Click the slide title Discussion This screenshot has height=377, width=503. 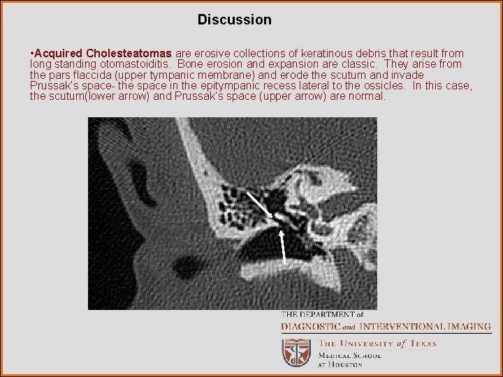coord(234,20)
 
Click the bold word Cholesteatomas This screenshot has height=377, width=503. coord(129,54)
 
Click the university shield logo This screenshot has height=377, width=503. coord(296,353)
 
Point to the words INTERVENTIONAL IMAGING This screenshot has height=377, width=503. coord(421,326)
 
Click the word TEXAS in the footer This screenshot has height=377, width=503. coord(423,343)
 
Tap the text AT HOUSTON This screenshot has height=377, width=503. coord(341,364)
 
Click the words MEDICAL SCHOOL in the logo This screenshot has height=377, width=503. coord(350,355)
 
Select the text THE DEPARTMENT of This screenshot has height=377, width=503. coord(322,315)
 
